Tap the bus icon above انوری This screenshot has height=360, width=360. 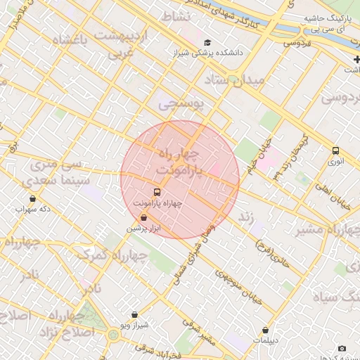coord(335,150)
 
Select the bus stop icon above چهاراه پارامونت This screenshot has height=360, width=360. coord(157,191)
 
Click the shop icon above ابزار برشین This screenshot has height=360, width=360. coord(143,218)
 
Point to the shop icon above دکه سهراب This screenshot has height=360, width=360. coord(32,199)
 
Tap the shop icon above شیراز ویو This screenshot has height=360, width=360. coord(134,315)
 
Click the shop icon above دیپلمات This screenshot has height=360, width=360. coord(265,330)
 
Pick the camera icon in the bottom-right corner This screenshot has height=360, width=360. coord(342,349)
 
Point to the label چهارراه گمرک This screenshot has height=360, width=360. coord(105,256)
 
